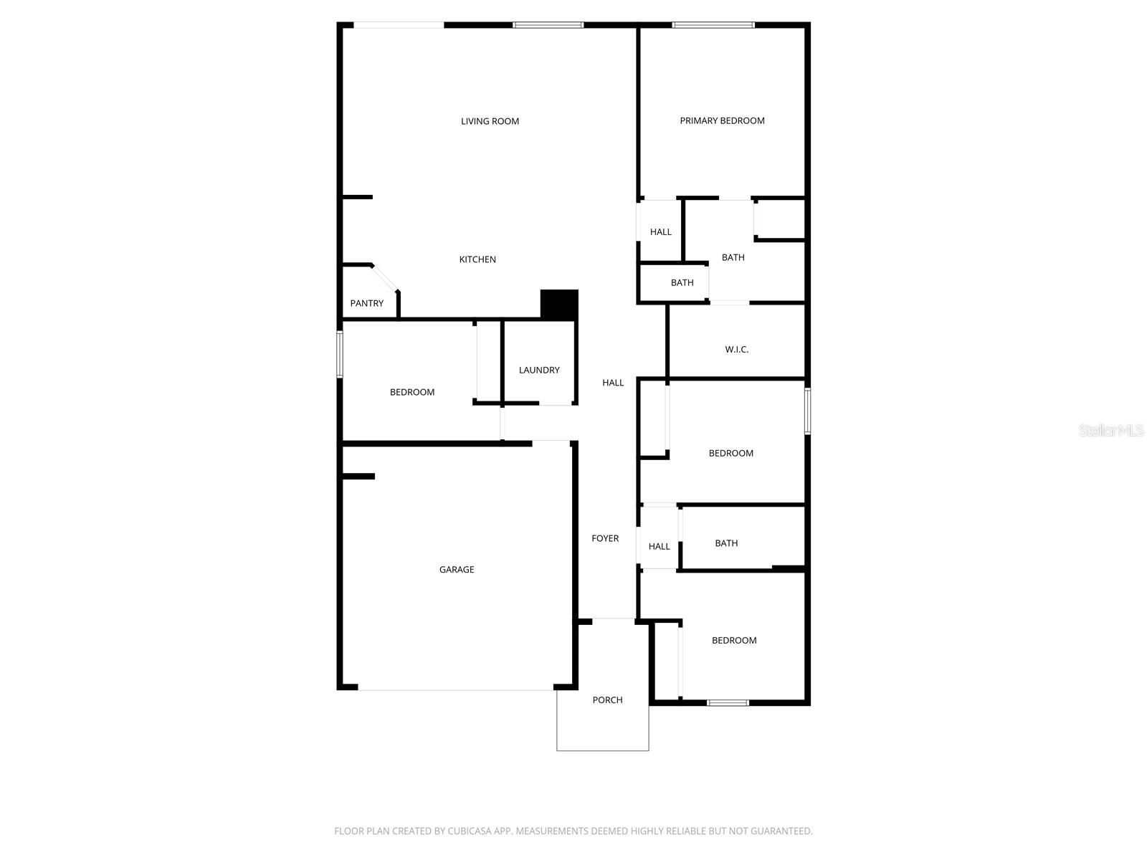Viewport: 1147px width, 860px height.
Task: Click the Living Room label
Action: pyautogui.click(x=490, y=121)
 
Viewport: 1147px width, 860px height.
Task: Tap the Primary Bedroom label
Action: pyautogui.click(x=722, y=120)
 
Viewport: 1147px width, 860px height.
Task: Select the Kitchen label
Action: pyautogui.click(x=477, y=259)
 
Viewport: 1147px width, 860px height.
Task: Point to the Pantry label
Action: pyautogui.click(x=366, y=303)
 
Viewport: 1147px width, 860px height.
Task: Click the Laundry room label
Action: pyautogui.click(x=539, y=370)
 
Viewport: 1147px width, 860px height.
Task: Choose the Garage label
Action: pyautogui.click(x=457, y=570)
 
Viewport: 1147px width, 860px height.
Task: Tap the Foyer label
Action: pyautogui.click(x=605, y=538)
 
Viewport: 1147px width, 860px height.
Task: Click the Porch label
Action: pyautogui.click(x=607, y=700)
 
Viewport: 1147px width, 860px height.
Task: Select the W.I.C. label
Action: pyautogui.click(x=736, y=350)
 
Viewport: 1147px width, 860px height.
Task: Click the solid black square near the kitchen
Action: pyautogui.click(x=559, y=305)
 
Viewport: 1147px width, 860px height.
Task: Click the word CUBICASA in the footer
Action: pyautogui.click(x=470, y=831)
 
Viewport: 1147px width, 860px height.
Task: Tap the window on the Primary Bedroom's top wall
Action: pyautogui.click(x=713, y=25)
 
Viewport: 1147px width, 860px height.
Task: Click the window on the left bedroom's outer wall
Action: pyautogui.click(x=340, y=354)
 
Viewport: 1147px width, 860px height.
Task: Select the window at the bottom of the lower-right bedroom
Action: pyautogui.click(x=728, y=703)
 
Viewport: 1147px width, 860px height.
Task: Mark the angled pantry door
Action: pyautogui.click(x=385, y=279)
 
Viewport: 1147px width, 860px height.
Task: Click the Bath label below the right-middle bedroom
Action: pyautogui.click(x=726, y=543)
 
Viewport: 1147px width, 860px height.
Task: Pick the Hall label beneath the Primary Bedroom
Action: pyautogui.click(x=660, y=232)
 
